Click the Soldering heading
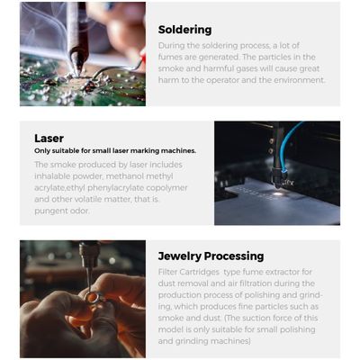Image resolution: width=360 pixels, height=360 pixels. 184,30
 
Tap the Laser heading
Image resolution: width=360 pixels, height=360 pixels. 49,139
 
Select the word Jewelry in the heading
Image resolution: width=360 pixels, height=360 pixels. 179,256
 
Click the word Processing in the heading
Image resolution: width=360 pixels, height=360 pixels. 234,256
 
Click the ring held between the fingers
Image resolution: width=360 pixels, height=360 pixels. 93,297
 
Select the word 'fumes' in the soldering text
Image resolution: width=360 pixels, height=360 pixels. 169,57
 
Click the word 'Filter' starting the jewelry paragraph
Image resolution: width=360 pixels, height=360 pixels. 167,272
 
